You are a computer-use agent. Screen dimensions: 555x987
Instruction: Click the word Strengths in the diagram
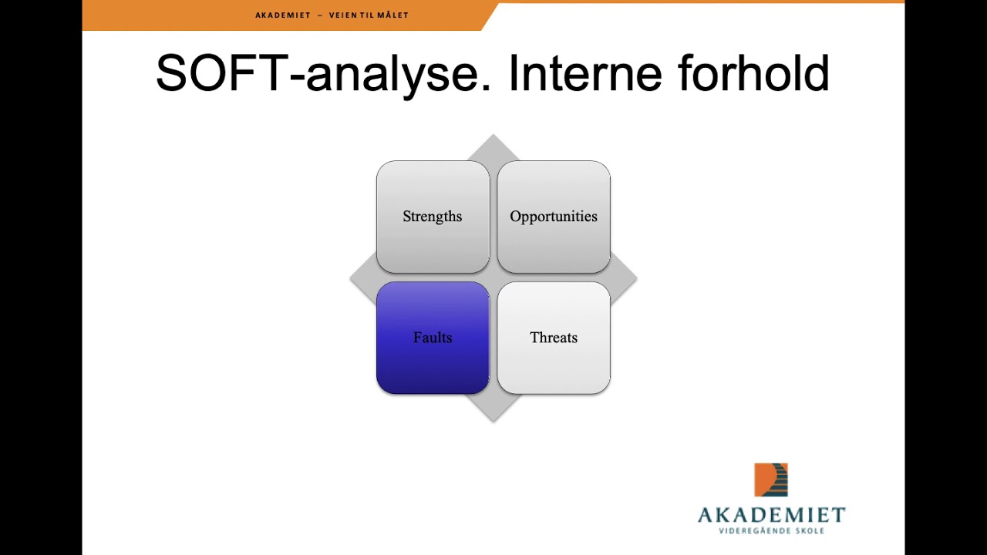[432, 217]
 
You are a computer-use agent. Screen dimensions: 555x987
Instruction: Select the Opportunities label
[553, 217]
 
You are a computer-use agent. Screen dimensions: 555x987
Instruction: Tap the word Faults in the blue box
[432, 338]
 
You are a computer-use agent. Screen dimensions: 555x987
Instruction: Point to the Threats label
[553, 338]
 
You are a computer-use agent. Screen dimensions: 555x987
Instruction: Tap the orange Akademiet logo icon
[770, 479]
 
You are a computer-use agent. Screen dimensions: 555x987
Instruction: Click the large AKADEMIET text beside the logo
[771, 515]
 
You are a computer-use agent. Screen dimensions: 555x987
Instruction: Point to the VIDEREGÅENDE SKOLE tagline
[771, 530]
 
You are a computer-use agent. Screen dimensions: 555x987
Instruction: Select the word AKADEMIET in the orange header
[282, 15]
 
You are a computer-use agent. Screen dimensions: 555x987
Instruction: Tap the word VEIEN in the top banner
[343, 15]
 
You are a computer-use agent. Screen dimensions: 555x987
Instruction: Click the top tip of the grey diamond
[493, 137]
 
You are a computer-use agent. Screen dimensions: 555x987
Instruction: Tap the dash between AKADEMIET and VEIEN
[319, 15]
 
